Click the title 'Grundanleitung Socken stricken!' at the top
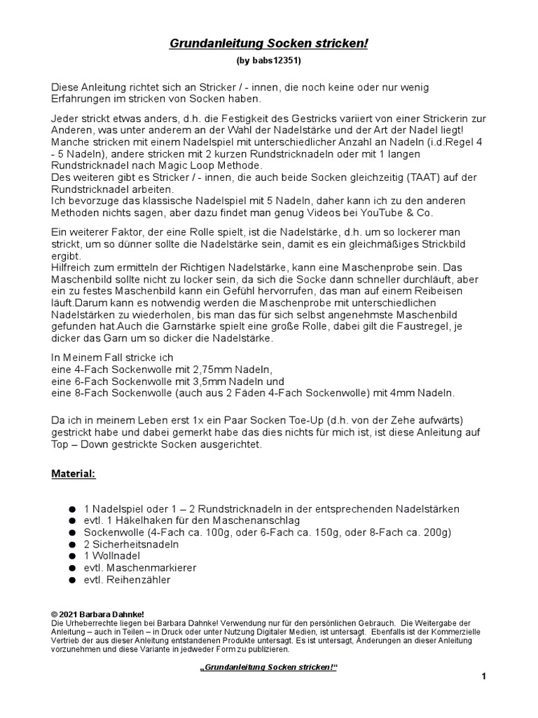(268, 44)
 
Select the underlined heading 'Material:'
(73, 474)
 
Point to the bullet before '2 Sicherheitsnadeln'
(73, 544)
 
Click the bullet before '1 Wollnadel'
(73, 556)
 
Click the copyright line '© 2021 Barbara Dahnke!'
(98, 614)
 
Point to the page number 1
(483, 676)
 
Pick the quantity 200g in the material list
(434, 532)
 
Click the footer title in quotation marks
(268, 666)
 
